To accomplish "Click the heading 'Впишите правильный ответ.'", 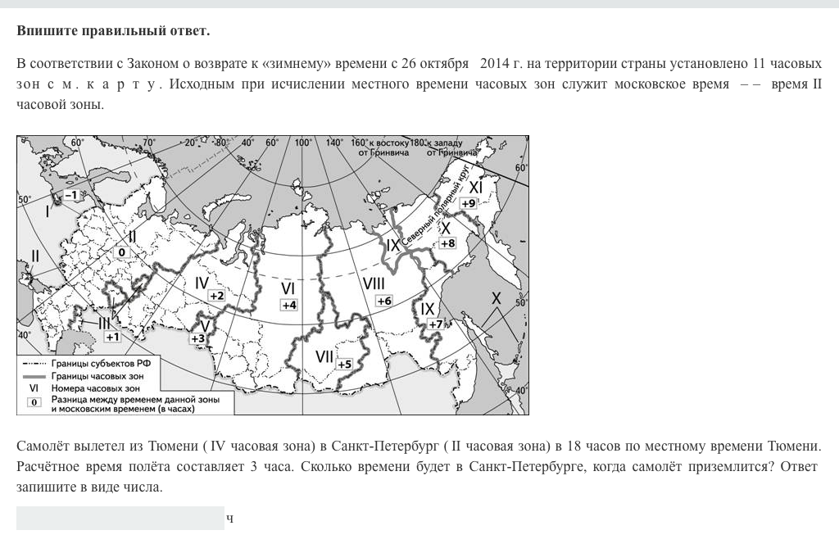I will [x=113, y=31].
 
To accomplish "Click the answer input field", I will [x=120, y=518].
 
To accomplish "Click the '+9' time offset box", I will [x=469, y=203].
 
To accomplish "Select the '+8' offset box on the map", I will [x=447, y=243].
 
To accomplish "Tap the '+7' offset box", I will [x=434, y=324].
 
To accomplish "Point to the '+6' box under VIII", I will [x=384, y=301].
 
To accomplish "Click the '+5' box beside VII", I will [x=344, y=364].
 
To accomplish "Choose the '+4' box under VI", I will [x=289, y=305].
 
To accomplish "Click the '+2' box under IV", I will [x=216, y=295].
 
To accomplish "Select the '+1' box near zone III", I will [x=113, y=336].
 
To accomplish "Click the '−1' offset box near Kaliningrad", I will [x=70, y=195].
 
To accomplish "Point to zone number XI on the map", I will [x=475, y=187].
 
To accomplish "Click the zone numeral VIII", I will [x=374, y=283].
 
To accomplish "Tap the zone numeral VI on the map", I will [x=288, y=288].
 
